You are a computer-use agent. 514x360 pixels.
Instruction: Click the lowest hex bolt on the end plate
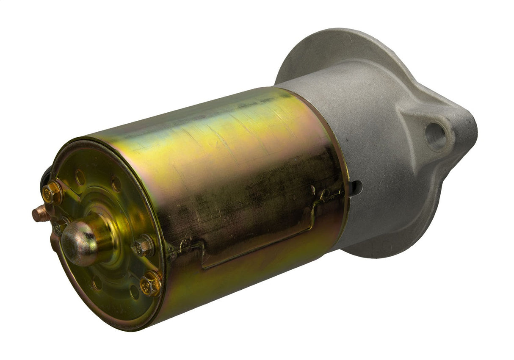point(151,283)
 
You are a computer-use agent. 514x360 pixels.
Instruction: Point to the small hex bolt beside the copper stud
point(58,228)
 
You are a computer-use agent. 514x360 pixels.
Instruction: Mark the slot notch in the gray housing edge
point(356,188)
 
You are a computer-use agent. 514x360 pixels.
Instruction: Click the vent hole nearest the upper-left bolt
point(80,177)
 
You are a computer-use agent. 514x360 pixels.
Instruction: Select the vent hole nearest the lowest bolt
point(135,292)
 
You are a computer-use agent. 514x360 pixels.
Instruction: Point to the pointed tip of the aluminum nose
point(472,127)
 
